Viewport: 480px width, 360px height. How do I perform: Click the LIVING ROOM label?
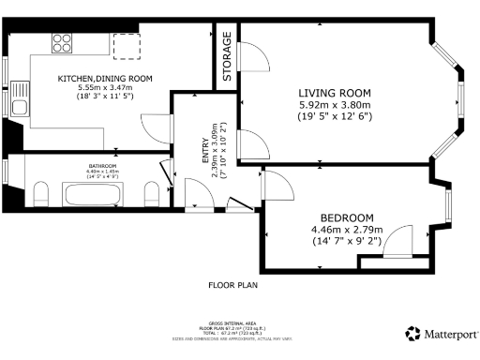click(x=335, y=92)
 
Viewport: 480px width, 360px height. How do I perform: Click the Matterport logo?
click(x=439, y=333)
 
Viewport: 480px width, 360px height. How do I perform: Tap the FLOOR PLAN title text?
click(x=232, y=283)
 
